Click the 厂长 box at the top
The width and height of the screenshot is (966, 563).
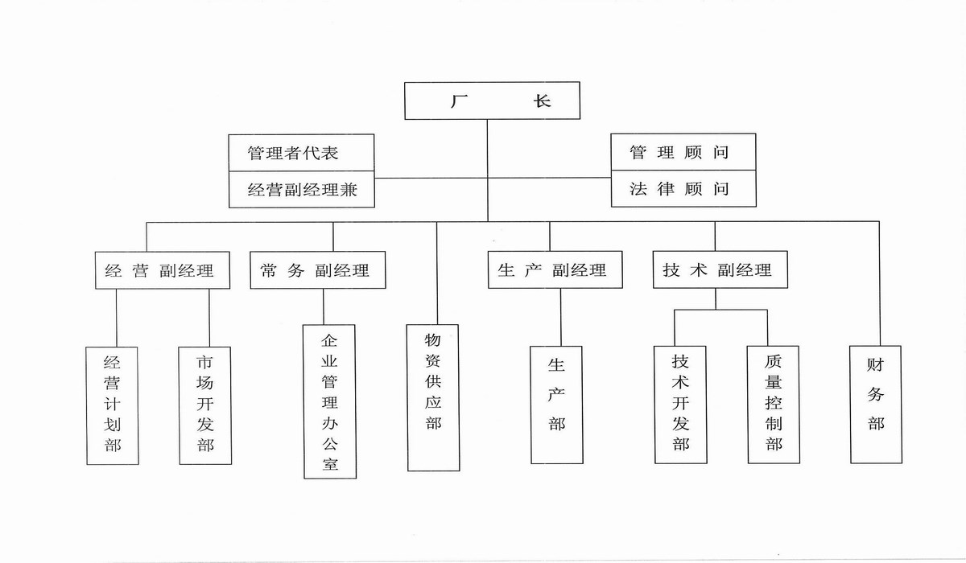(x=492, y=101)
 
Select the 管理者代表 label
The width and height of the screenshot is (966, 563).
(x=293, y=153)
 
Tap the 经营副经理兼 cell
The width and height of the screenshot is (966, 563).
(x=302, y=190)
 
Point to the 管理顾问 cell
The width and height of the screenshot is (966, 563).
(x=683, y=152)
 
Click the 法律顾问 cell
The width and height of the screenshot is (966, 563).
(x=683, y=189)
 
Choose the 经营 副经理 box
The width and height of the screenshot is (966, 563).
(x=162, y=270)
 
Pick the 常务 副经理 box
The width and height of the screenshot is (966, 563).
(x=317, y=270)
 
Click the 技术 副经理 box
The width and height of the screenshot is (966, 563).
(x=719, y=269)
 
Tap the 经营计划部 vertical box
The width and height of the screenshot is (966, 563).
(x=113, y=405)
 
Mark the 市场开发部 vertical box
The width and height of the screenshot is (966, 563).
(x=205, y=405)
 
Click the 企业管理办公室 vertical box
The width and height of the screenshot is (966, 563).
(x=330, y=401)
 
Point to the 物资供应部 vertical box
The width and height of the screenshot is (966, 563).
(x=434, y=397)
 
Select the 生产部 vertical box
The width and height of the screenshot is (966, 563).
(x=556, y=405)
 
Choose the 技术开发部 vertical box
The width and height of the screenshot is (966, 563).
(x=681, y=405)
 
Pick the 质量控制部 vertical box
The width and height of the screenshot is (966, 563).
(x=774, y=405)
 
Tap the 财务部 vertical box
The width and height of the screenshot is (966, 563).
(x=875, y=404)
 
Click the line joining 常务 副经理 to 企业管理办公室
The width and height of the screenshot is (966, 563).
(x=324, y=306)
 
